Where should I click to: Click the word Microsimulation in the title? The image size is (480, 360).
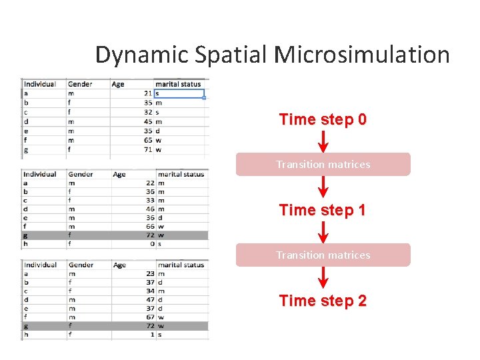361,55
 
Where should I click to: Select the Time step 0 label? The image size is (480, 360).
323,119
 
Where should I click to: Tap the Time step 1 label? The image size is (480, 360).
323,210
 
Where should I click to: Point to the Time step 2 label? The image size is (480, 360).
323,301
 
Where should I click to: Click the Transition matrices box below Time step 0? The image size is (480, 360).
323,165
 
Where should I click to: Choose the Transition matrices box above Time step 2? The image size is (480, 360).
323,255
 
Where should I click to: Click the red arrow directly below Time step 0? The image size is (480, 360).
323,141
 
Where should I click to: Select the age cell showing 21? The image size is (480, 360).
147,93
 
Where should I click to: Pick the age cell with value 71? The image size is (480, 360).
147,149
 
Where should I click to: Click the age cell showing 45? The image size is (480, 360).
147,121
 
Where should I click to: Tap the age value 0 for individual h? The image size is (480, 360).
151,244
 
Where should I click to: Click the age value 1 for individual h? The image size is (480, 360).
151,335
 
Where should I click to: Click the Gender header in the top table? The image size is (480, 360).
80,84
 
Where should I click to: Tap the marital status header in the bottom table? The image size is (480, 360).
181,265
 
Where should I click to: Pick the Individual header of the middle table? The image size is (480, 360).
40,174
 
